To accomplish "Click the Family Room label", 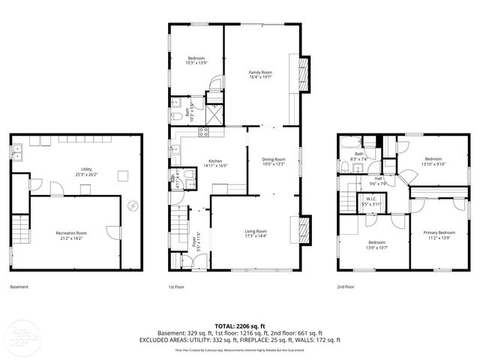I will point(260,72).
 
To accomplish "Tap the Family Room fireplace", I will point(303,73).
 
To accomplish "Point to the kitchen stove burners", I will point(202,133).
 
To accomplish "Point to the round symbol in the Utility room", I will point(133,204).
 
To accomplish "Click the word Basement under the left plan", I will point(20,287).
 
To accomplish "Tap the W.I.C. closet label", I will point(372,200).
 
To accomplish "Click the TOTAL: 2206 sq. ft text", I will point(239,325).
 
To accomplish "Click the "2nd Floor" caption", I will point(346,287).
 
